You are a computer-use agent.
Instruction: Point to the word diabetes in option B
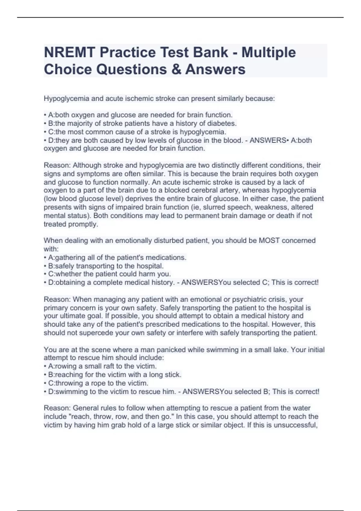tap(222, 123)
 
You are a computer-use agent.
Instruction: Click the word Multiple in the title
tap(269, 53)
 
